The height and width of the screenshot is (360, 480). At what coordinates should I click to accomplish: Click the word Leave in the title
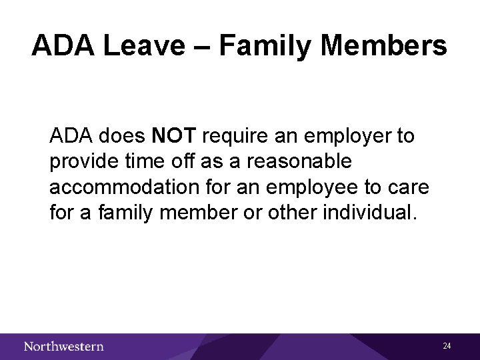pyautogui.click(x=143, y=46)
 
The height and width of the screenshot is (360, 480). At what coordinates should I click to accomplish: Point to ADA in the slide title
pyautogui.click(x=61, y=46)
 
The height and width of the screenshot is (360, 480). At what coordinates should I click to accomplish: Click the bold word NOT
pyautogui.click(x=173, y=137)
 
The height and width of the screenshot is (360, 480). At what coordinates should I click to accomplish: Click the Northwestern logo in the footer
pyautogui.click(x=64, y=346)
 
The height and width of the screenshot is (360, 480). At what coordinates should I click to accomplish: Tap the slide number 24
pyautogui.click(x=447, y=346)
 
